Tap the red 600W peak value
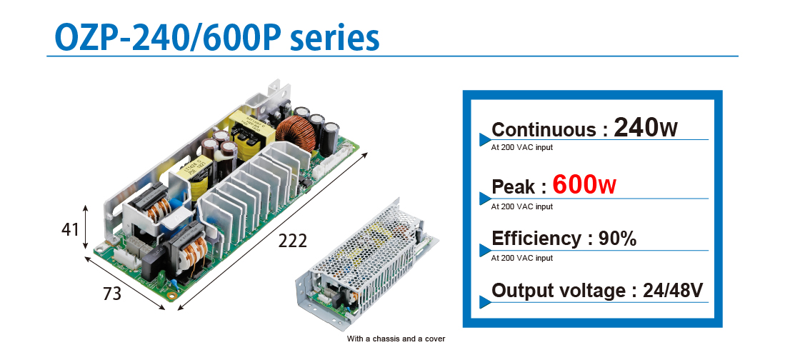point(584,184)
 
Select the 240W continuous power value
point(645,127)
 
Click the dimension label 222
point(292,241)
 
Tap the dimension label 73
point(111,294)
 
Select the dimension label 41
point(70,229)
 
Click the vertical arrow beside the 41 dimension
point(86,226)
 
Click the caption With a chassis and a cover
point(396,339)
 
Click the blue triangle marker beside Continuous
point(484,140)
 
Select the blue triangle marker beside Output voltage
point(484,302)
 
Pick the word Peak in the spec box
point(513,187)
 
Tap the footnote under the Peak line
point(522,206)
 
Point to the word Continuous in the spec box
point(544,129)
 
